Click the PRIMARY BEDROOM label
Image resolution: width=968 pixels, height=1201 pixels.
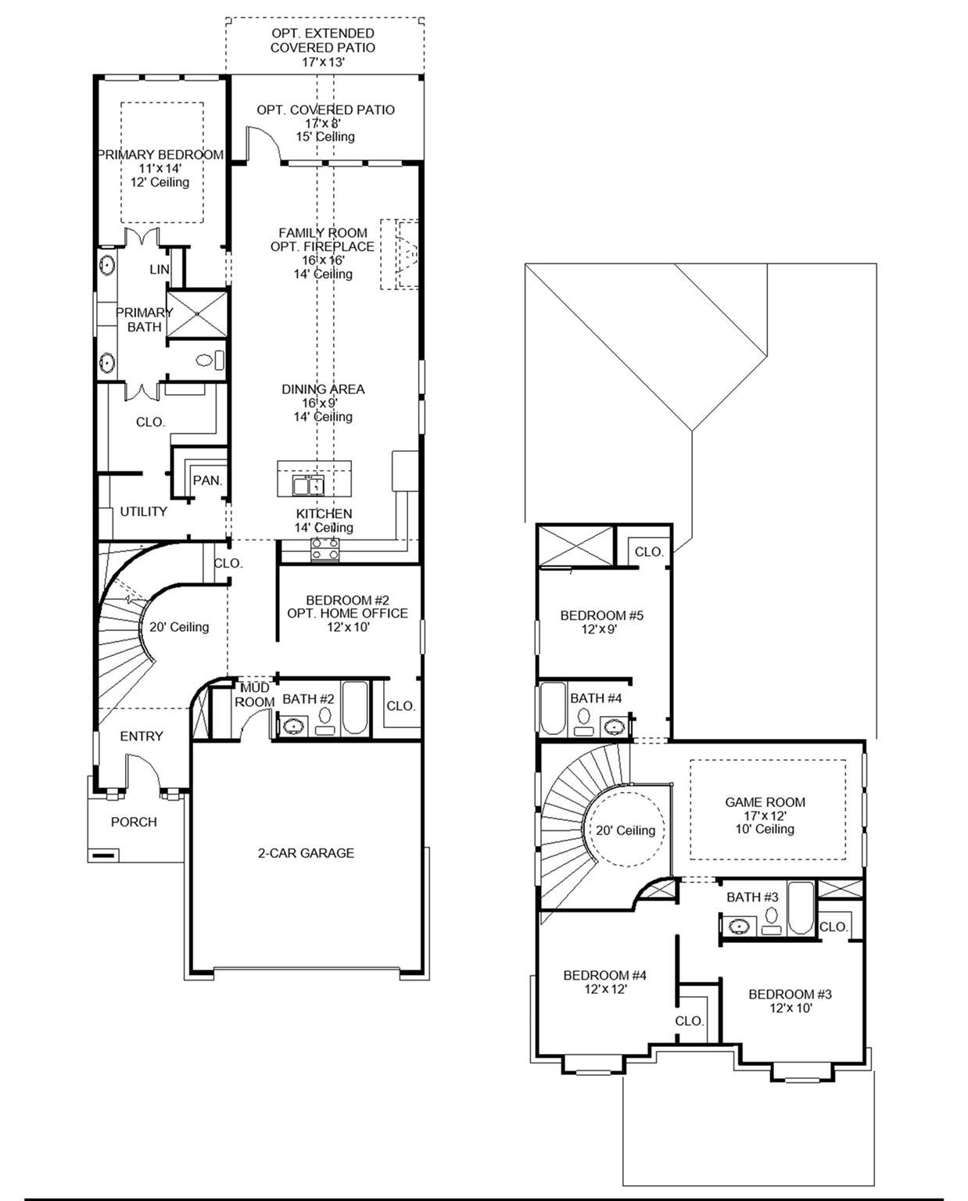coord(161,155)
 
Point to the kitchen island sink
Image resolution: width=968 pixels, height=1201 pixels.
coord(309,485)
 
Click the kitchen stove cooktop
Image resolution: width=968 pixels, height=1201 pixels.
coord(325,549)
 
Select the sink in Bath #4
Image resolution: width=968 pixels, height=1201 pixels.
coord(614,727)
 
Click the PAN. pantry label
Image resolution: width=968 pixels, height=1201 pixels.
coord(208,480)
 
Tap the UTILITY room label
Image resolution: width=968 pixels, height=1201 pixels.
coord(143,511)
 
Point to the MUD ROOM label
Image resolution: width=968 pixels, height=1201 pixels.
coord(255,695)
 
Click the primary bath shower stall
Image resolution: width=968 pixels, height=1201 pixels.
coord(197,314)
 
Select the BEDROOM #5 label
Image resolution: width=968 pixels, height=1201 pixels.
coord(602,615)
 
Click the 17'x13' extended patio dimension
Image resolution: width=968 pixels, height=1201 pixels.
coord(323,62)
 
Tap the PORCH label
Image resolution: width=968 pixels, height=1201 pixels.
coord(134,822)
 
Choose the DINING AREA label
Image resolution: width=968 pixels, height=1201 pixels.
coord(323,389)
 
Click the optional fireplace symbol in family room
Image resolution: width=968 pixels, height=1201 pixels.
coord(400,254)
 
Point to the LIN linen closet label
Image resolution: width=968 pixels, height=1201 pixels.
coord(159,269)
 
